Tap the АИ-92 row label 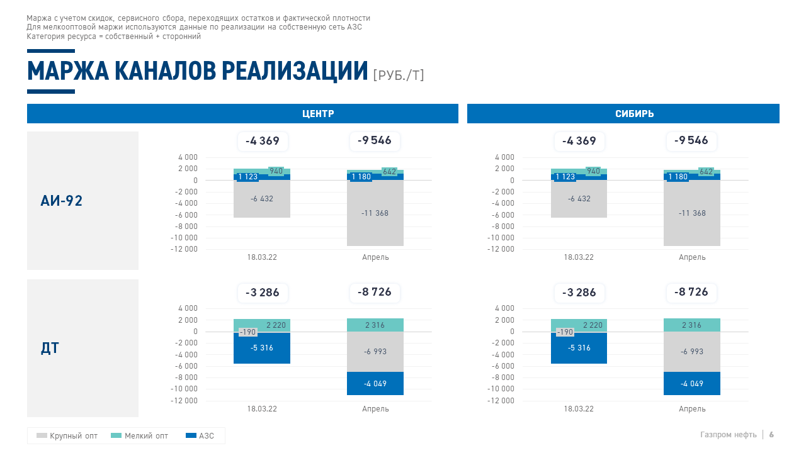coord(62,201)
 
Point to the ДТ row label coord(50,348)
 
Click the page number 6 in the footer coord(771,435)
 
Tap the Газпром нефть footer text coord(729,435)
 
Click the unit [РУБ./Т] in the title coord(399,75)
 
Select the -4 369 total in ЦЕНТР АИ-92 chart coord(263,141)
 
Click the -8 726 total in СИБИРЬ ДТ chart coord(691,292)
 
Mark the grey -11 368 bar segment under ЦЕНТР coord(375,213)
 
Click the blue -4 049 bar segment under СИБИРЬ coord(692,383)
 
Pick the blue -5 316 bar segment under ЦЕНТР coord(262,348)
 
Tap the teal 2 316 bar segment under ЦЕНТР coord(375,325)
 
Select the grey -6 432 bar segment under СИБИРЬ coord(579,199)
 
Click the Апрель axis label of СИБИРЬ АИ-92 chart coord(692,257)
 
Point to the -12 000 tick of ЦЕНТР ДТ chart coord(184,401)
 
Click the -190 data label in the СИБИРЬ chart coord(565,332)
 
